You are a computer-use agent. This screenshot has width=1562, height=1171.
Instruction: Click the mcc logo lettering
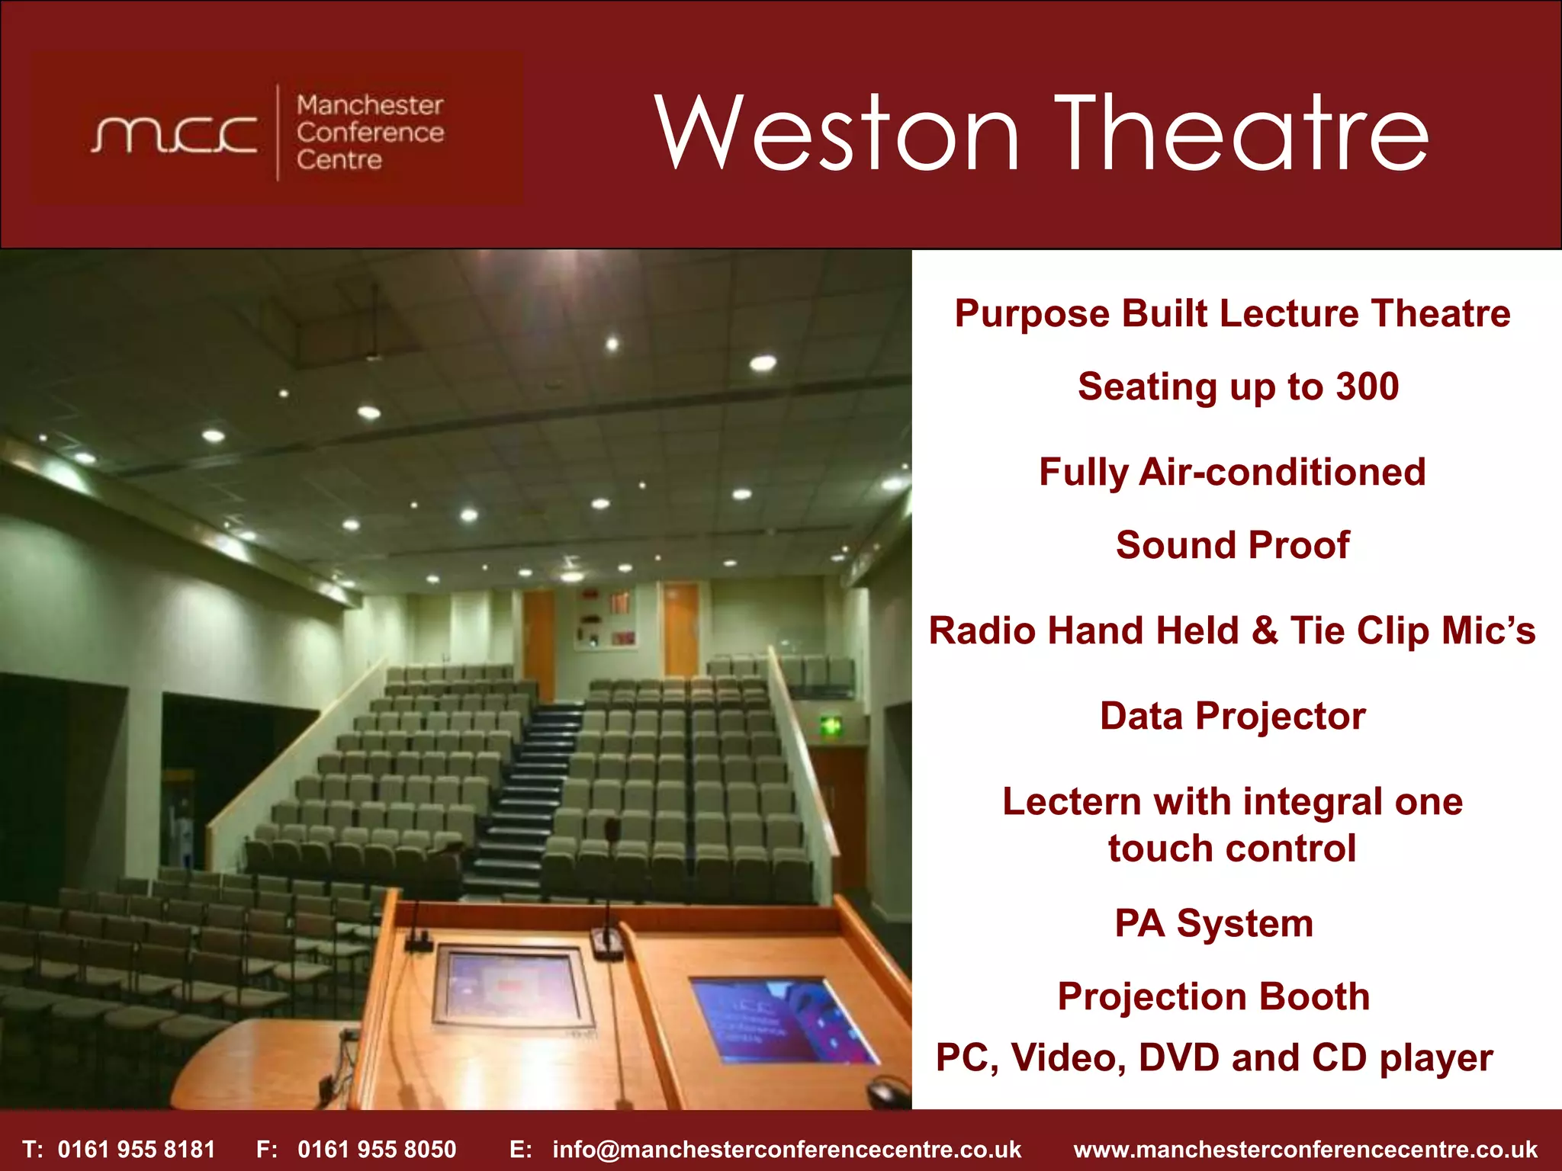(x=174, y=134)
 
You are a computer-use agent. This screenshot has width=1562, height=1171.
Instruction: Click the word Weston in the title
(x=836, y=133)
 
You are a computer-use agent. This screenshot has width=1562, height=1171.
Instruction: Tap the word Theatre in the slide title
(x=1242, y=133)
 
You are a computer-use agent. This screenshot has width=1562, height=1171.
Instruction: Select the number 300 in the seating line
(x=1367, y=387)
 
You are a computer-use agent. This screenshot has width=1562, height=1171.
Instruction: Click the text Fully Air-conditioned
(x=1232, y=472)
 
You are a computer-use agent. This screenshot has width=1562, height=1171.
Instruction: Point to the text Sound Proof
(x=1232, y=545)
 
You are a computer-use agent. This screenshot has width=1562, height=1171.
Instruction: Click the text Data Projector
(x=1232, y=717)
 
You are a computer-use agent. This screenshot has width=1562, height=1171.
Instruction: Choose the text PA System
(x=1213, y=923)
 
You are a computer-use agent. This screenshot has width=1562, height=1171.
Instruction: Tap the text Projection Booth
(x=1213, y=996)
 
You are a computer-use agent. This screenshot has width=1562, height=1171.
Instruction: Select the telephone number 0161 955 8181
(x=137, y=1149)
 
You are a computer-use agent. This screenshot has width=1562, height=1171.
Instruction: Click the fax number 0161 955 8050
(x=377, y=1149)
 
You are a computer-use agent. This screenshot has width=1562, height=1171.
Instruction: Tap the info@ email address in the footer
(x=786, y=1149)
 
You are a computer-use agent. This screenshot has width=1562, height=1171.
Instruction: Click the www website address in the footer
(x=1305, y=1149)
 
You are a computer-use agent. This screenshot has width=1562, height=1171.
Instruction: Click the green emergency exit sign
(x=831, y=726)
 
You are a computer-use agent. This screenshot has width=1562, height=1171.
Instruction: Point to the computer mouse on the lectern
(x=889, y=1093)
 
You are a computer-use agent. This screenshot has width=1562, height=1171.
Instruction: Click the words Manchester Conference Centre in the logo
(x=370, y=133)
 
